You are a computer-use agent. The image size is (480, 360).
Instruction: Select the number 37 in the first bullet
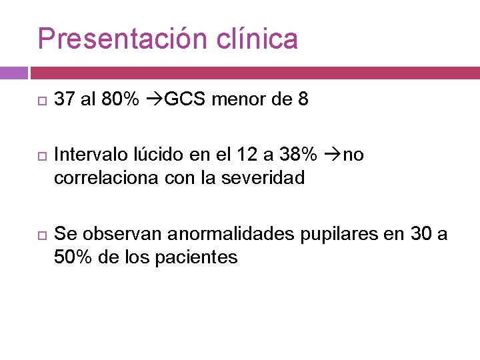tap(64, 100)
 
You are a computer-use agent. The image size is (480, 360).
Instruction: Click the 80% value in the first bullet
tap(121, 100)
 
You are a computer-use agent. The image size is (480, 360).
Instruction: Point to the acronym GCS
tap(184, 100)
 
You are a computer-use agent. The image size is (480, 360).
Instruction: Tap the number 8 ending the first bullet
tap(303, 100)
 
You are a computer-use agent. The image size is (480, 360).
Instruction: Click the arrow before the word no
tap(331, 155)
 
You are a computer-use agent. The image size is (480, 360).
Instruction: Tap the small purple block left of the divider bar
tap(13, 73)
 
